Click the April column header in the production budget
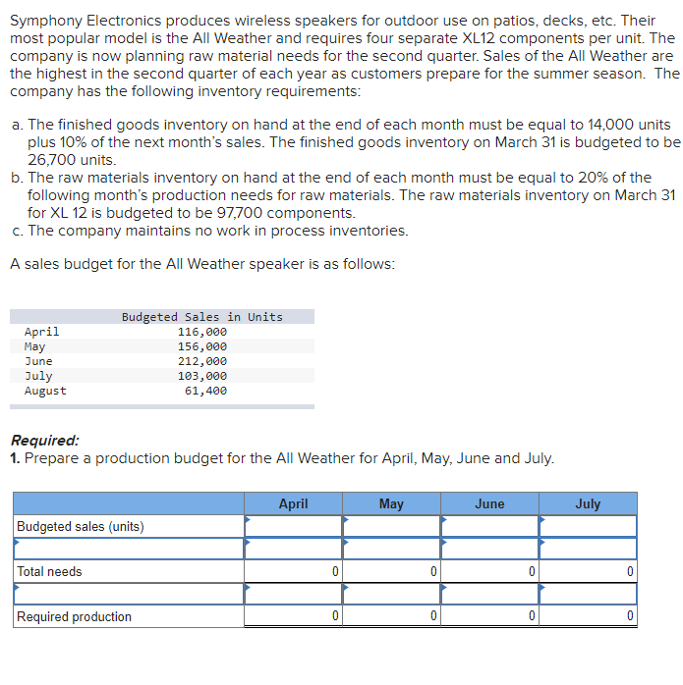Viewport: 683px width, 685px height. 293,503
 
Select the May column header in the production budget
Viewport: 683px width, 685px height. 391,503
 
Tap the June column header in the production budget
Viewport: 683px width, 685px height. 489,503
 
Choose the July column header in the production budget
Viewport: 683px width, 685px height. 588,503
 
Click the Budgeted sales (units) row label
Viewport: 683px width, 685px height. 80,527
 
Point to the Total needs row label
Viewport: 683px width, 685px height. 49,571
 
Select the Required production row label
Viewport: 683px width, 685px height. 74,616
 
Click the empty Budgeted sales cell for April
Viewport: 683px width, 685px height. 293,527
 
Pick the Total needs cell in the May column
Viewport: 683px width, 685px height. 391,571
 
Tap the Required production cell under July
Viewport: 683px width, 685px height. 588,616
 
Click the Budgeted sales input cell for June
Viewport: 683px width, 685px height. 489,527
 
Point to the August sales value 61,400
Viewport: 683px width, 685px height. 205,391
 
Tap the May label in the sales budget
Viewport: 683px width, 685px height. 34,346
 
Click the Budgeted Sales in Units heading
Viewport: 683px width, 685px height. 201,317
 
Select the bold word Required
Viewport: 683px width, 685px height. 44,441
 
